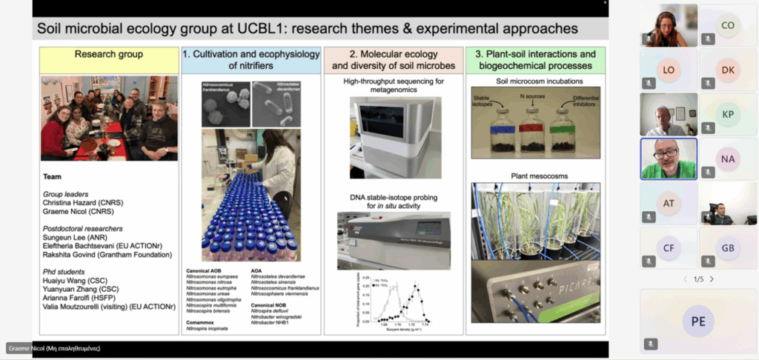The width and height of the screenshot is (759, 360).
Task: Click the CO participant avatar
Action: [x=728, y=25]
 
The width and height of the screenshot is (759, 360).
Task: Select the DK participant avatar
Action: [x=728, y=70]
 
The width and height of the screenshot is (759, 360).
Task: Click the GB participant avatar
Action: [x=728, y=248]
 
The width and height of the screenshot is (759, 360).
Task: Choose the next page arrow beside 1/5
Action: [x=712, y=279]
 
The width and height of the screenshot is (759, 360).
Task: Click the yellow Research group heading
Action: [x=110, y=54]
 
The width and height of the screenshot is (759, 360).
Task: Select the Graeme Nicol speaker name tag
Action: [x=53, y=347]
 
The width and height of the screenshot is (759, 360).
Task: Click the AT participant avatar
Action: [x=669, y=203]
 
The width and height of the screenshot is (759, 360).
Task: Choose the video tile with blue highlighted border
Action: [x=669, y=159]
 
